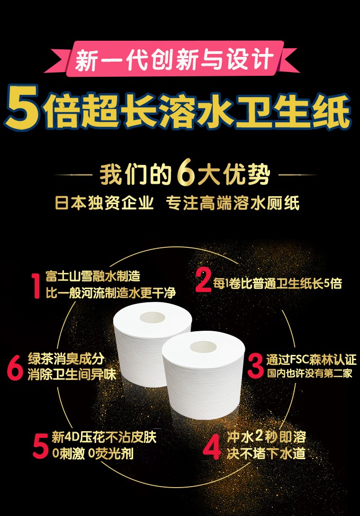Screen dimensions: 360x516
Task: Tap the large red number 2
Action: tap(203, 280)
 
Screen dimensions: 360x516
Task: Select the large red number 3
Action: tap(256, 366)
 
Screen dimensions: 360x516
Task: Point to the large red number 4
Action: tap(212, 446)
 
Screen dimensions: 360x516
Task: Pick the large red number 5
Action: tap(41, 446)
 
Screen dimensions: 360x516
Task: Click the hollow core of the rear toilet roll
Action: tap(153, 317)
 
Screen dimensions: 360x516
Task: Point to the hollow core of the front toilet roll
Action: tap(203, 347)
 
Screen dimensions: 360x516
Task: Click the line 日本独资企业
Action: tap(104, 203)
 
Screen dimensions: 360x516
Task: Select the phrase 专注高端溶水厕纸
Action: tap(233, 203)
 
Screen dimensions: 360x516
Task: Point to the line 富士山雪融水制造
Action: tap(93, 276)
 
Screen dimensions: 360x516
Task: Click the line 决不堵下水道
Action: tap(266, 453)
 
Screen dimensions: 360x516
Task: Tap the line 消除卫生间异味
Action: tap(72, 375)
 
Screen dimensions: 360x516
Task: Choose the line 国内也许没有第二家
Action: tap(310, 373)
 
